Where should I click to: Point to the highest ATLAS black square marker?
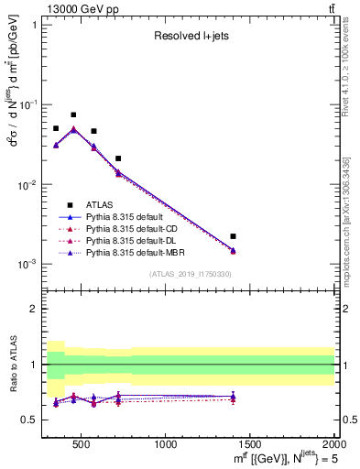pos(73,115)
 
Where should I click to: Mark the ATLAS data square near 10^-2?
pos(118,158)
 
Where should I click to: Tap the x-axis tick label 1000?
pos(166,444)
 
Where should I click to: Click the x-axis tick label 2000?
pos(333,444)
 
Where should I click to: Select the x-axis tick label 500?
pos(82,444)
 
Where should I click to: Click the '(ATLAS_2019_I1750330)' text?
pos(191,274)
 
